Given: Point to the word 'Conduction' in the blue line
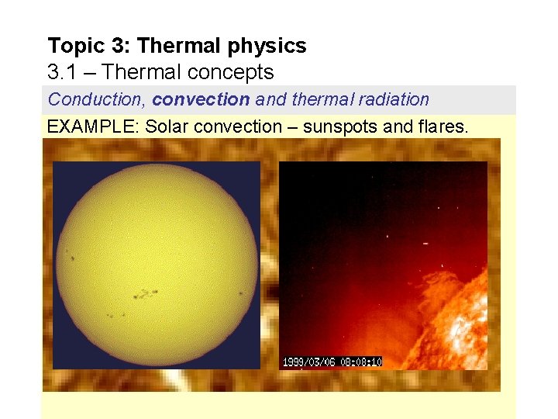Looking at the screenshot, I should click(x=96, y=100).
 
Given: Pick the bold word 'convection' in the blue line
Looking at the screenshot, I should click(x=201, y=100).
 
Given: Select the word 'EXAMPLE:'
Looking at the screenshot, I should click(x=91, y=126).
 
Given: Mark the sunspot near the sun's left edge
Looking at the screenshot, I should click(x=71, y=257).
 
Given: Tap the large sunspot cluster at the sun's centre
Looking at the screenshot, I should click(x=145, y=294).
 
